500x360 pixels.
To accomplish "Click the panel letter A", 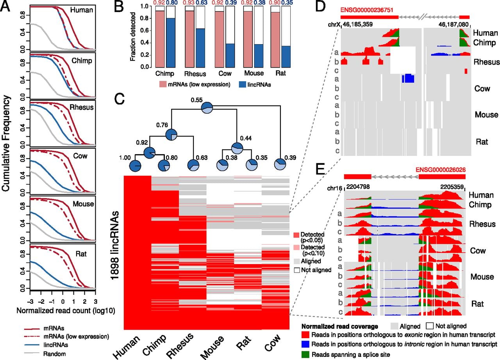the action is coord(5,6).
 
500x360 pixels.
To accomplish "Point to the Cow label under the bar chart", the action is coord(225,73).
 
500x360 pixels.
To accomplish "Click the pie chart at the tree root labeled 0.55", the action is coord(207,108).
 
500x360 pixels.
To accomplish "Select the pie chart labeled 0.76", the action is coord(171,135).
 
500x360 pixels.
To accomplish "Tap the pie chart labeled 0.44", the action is coord(237,148).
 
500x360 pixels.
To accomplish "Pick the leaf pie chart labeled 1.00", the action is coord(135,166).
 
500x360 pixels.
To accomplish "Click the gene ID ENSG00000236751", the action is coord(367,10).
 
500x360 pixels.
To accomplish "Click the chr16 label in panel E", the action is coord(335,189).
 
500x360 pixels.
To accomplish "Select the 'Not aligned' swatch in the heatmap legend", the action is coord(296,270).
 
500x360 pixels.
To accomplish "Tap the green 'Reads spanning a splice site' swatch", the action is coord(305,354).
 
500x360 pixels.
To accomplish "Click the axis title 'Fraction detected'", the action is coord(133,37).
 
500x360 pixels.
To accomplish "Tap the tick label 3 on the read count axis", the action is coord(95,301).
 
